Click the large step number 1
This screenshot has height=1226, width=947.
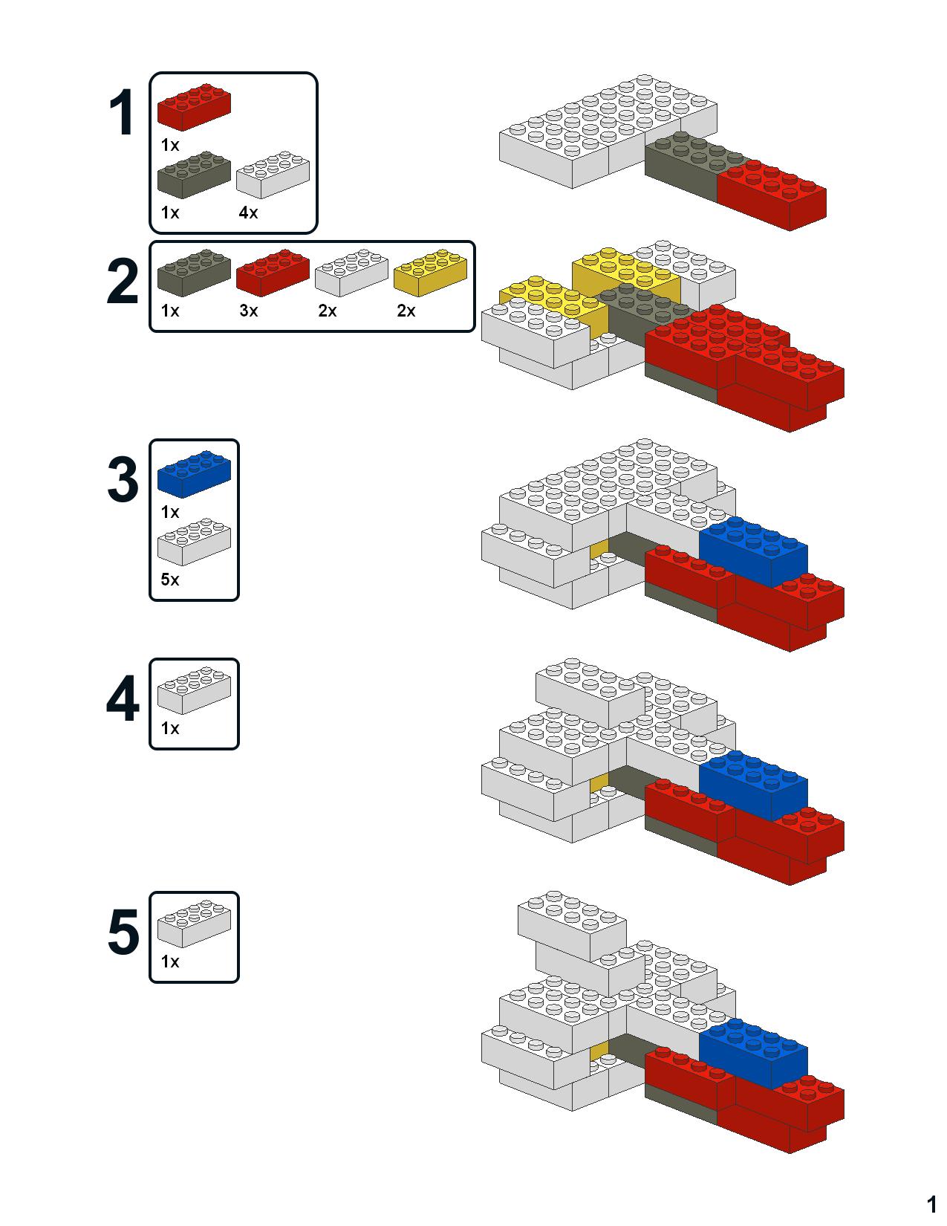[x=121, y=113]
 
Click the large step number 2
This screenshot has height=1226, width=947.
[x=123, y=282]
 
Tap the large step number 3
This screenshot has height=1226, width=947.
[x=123, y=480]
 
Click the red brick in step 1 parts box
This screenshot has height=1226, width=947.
[x=193, y=108]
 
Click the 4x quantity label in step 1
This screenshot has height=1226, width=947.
[x=248, y=213]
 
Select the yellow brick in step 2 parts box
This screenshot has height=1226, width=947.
[x=430, y=272]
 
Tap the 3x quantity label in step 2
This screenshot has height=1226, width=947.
[x=248, y=311]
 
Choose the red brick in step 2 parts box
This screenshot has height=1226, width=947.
[x=273, y=272]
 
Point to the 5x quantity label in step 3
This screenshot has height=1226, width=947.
[x=170, y=580]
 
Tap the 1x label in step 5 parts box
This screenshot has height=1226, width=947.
[x=170, y=962]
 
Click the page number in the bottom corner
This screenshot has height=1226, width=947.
[x=931, y=1204]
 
